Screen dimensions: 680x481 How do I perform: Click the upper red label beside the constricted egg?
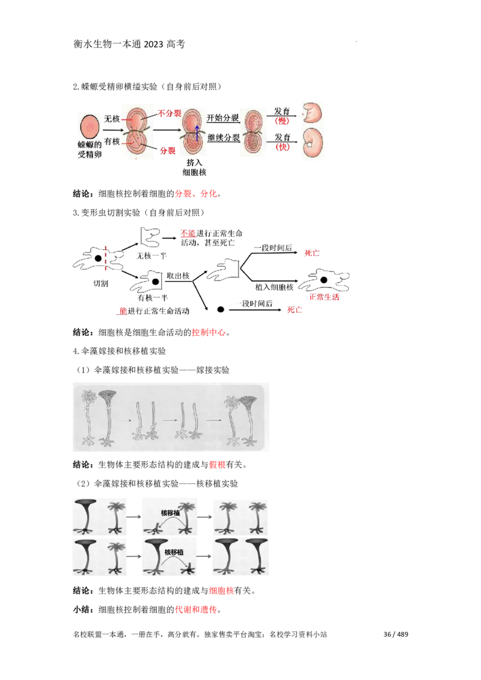coord(168,113)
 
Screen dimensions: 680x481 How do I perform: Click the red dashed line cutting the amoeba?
coord(106,258)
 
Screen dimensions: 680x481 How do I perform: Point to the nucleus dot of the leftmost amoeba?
coord(97,258)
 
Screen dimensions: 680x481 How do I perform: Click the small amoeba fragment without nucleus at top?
coord(150,237)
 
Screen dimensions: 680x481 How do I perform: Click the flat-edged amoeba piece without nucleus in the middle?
coord(225,270)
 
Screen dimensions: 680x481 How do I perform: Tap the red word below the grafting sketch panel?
coord(216,465)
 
